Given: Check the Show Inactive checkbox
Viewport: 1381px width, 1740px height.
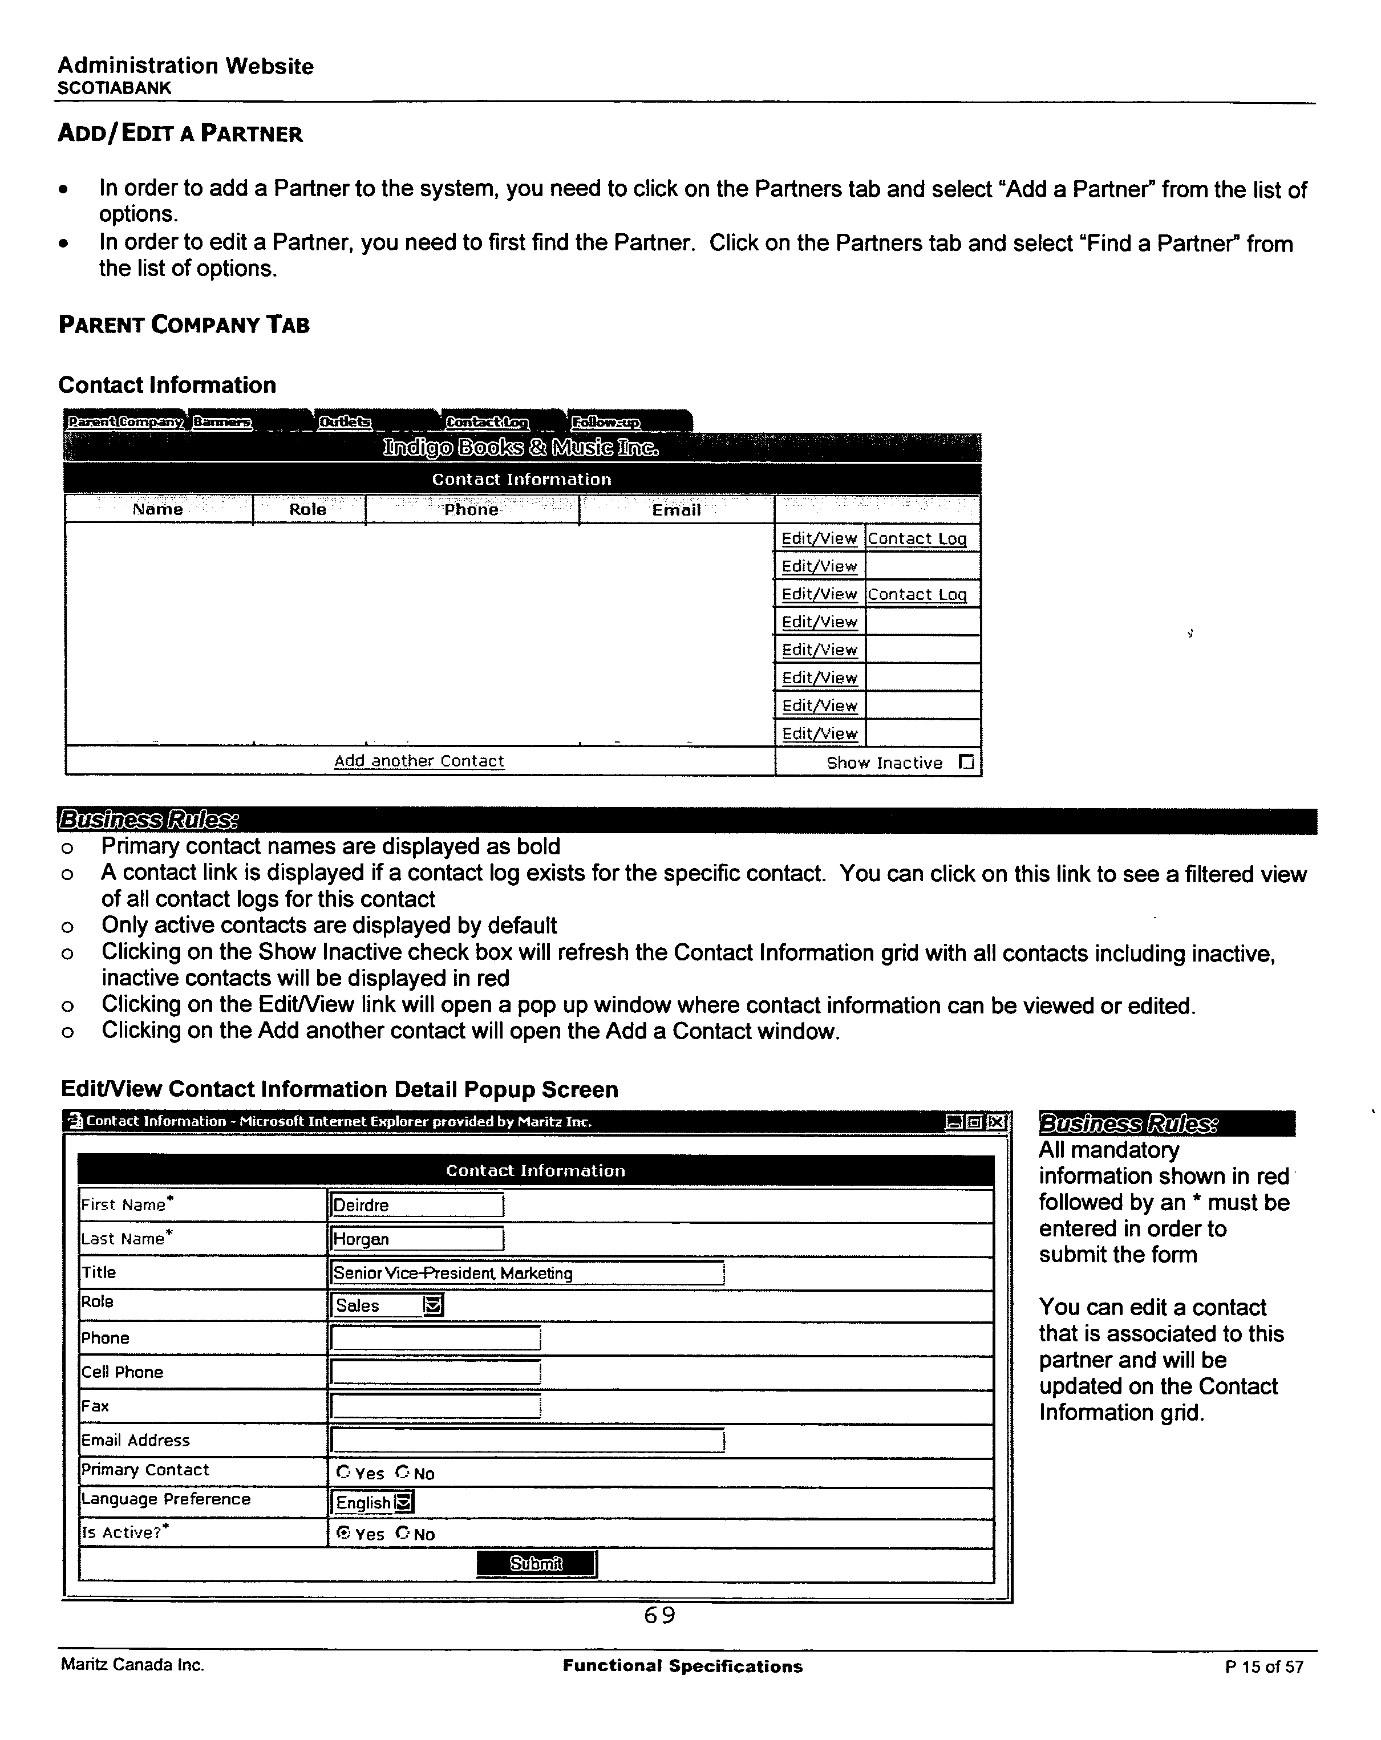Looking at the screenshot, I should pos(966,762).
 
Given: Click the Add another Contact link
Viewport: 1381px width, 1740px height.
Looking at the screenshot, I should pos(419,761).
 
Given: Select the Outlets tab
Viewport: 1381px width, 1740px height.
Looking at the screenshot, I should pos(345,422).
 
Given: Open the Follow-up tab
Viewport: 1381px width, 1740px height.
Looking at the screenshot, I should pos(605,422).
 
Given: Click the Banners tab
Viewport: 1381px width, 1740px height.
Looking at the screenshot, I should pos(222,422).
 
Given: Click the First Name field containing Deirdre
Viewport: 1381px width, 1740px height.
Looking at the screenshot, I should pos(416,1205).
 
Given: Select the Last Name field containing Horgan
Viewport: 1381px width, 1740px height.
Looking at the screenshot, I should pos(416,1239).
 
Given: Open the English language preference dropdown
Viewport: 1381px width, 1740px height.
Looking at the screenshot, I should pos(405,1502).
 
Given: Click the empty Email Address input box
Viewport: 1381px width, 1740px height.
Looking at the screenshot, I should pos(527,1440).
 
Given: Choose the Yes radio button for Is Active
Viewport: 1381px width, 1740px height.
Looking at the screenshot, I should pos(343,1534).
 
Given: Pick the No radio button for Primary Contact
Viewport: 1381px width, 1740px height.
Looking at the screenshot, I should pos(403,1472).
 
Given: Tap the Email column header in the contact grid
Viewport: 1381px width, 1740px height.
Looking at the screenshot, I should pos(675,510).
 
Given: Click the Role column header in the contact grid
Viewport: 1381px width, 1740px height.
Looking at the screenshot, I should pos(307,510).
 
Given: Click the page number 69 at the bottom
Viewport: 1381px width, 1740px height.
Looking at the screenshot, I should pos(659,1615).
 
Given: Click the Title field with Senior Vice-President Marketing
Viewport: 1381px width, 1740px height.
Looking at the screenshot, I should pos(527,1273).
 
